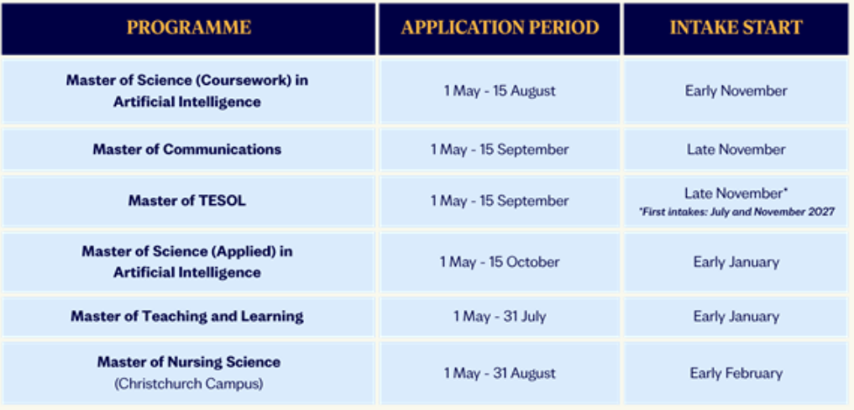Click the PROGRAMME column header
pos(189,28)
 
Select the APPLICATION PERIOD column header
pos(500,28)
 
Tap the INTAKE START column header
pos(736,28)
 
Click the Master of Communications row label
pos(186,150)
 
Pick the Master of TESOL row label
pos(186,201)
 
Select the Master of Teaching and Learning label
pos(186,316)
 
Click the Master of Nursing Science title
pos(188,362)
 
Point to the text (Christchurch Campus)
pos(188,384)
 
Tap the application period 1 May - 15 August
pos(500,91)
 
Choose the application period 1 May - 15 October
pos(500,262)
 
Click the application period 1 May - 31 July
pos(500,316)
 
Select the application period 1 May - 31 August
pos(500,374)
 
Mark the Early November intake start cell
pos(736,91)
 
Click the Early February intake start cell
pos(736,374)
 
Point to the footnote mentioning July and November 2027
pos(736,213)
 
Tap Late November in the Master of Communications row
pos(736,150)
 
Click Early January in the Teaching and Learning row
pos(736,316)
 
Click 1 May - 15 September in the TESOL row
pos(500,201)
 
